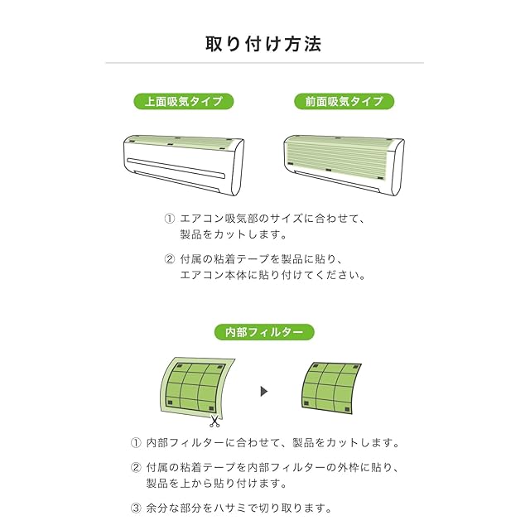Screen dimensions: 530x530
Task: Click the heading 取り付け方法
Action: [x=263, y=44]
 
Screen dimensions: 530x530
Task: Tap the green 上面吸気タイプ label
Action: [x=184, y=101]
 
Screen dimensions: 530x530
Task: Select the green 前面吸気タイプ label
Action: [x=344, y=101]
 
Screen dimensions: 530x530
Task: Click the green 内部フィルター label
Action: [x=264, y=332]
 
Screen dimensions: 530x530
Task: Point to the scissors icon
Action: [x=214, y=422]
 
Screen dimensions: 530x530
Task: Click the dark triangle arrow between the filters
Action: [x=264, y=392]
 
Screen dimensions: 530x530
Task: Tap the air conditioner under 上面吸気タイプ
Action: [x=184, y=165]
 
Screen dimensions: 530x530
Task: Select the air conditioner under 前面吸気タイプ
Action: [x=344, y=165]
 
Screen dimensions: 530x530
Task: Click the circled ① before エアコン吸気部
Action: [x=169, y=219]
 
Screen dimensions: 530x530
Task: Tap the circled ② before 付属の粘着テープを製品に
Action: [x=169, y=259]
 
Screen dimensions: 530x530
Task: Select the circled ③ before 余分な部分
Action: [x=136, y=508]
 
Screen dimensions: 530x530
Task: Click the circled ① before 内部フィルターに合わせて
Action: [x=136, y=442]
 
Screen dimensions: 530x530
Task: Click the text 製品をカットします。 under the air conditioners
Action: [x=234, y=234]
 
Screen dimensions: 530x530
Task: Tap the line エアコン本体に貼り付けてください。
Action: [x=272, y=275]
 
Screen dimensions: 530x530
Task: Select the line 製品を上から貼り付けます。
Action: [x=217, y=483]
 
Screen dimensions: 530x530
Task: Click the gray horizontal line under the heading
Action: [x=265, y=63]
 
